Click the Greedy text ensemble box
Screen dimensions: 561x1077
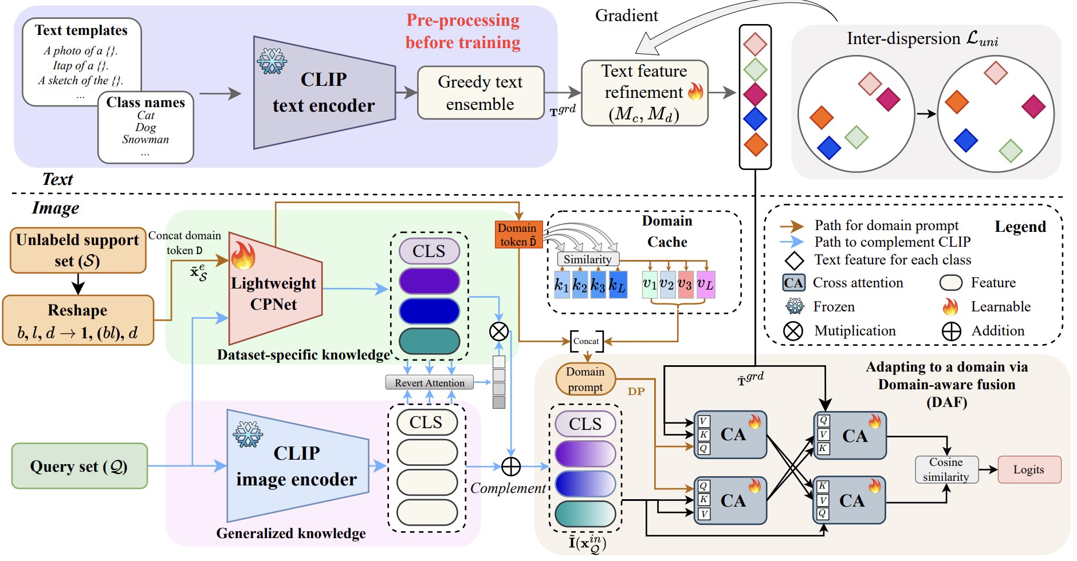coord(480,93)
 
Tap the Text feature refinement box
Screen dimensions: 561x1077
coord(644,93)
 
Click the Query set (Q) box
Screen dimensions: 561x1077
coord(79,466)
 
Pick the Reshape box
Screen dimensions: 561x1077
coord(78,320)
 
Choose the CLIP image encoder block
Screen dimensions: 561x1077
coord(296,465)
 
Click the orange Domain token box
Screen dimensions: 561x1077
coord(518,235)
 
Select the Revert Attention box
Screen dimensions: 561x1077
coord(430,382)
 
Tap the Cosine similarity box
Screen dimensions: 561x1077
coord(945,469)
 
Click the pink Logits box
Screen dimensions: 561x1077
coord(1029,469)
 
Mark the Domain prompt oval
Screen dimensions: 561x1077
coord(585,379)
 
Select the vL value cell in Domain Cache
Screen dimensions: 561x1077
coord(705,285)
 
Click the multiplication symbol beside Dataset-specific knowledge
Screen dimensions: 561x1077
coord(499,331)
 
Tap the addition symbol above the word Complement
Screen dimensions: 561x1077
coord(510,467)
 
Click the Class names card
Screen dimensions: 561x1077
coord(146,127)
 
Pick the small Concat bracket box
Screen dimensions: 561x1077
coord(586,341)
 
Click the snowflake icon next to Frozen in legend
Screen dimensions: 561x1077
coord(795,307)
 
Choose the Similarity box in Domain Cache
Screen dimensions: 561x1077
coord(587,259)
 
